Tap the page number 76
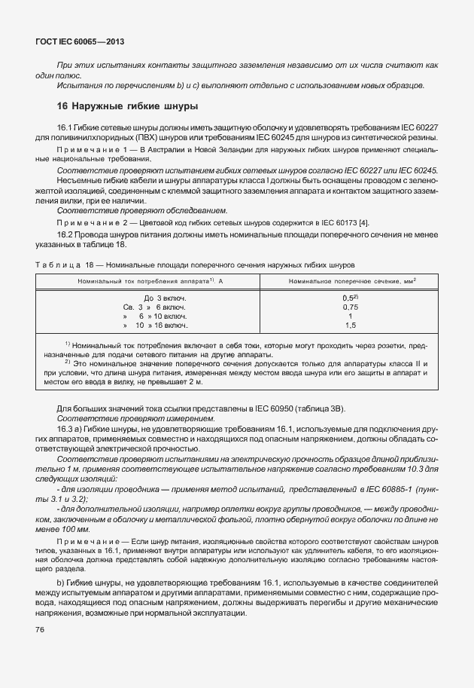[40, 629]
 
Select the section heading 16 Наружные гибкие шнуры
[128, 105]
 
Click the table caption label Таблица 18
[62, 265]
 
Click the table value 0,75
[350, 307]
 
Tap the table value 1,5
[350, 326]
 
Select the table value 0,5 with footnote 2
[350, 298]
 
